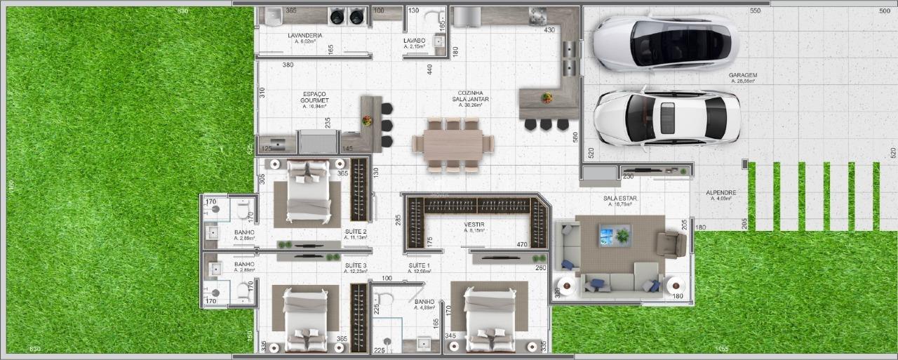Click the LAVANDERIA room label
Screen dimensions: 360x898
click(x=304, y=35)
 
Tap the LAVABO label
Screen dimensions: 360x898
click(x=414, y=41)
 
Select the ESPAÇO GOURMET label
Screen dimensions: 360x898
click(x=314, y=98)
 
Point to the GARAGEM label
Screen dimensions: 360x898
click(x=742, y=75)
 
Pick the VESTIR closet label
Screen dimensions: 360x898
click(x=474, y=225)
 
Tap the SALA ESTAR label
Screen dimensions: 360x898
click(x=619, y=199)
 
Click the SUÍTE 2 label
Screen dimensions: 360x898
click(x=356, y=231)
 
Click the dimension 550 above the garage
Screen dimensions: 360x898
click(x=755, y=11)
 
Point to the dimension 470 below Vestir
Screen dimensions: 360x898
click(x=521, y=244)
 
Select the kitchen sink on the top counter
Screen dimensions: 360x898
click(x=538, y=15)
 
